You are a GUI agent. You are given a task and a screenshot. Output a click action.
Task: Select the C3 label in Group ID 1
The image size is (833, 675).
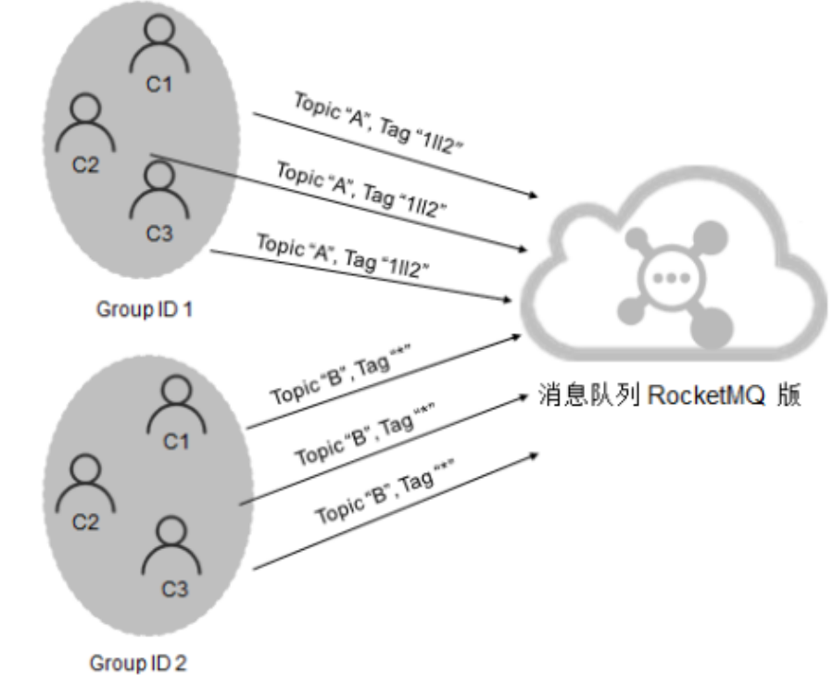(158, 233)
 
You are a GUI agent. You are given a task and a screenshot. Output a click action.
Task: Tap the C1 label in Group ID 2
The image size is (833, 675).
(175, 442)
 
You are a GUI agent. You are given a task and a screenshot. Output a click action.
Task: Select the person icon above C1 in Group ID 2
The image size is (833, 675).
(176, 401)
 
